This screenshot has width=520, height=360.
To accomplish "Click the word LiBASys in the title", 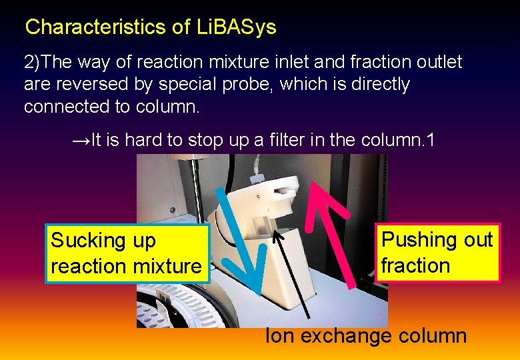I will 237,27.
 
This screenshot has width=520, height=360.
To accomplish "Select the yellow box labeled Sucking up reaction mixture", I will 127,253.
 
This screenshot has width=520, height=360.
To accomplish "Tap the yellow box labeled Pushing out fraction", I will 437,253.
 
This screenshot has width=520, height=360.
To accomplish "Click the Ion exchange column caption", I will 366,336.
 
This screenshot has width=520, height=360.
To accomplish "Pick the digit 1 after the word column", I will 430,141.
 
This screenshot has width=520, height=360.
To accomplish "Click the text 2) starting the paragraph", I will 32,63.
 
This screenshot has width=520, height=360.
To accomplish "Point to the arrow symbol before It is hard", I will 80,141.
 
